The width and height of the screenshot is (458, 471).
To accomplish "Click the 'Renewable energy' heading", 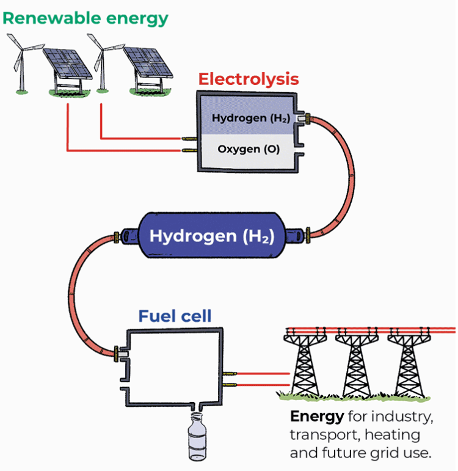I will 85,18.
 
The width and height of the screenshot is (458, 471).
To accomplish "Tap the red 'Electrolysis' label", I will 249,79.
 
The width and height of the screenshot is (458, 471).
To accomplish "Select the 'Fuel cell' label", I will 175,316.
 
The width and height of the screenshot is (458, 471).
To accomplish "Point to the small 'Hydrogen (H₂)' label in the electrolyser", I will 250,118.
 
